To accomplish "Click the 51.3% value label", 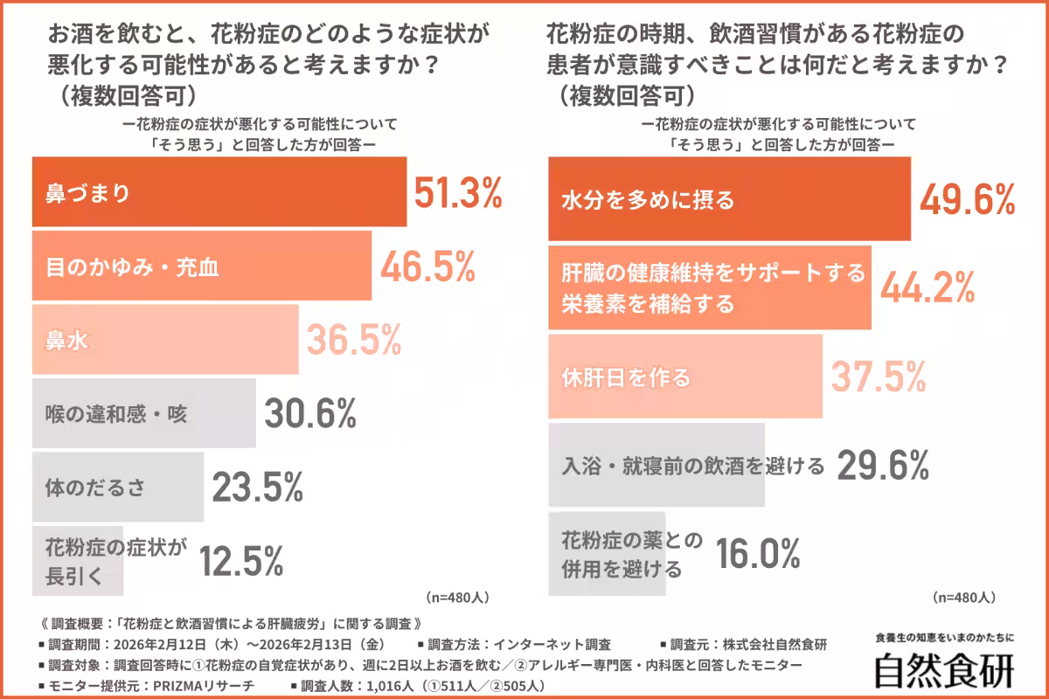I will click(457, 193).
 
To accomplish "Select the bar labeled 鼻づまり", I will click(219, 192).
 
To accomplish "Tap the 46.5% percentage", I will click(427, 266).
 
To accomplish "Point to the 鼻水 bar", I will click(165, 340).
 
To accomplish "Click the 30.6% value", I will click(310, 413).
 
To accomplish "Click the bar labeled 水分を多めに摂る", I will click(729, 200).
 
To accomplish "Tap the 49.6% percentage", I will click(967, 200).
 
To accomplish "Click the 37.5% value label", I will click(878, 377).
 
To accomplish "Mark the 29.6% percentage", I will click(882, 466).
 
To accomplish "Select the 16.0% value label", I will click(758, 553).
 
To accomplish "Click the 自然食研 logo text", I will click(944, 670).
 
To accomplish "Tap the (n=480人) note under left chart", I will click(457, 599).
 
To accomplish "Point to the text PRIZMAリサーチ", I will click(199, 686).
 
